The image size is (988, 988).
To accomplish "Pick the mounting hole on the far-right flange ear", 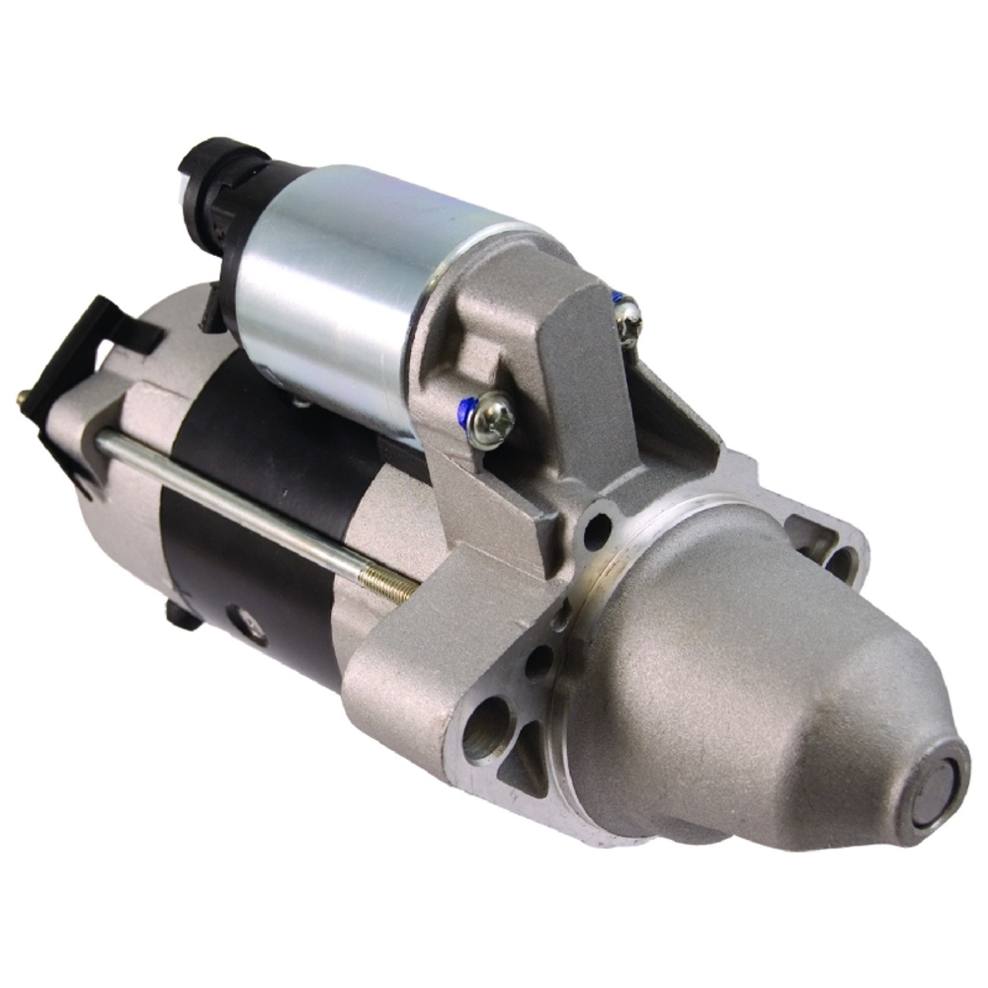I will [839, 564].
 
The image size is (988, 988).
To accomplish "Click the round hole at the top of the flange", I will [597, 533].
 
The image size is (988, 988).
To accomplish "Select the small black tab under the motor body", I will [184, 617].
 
